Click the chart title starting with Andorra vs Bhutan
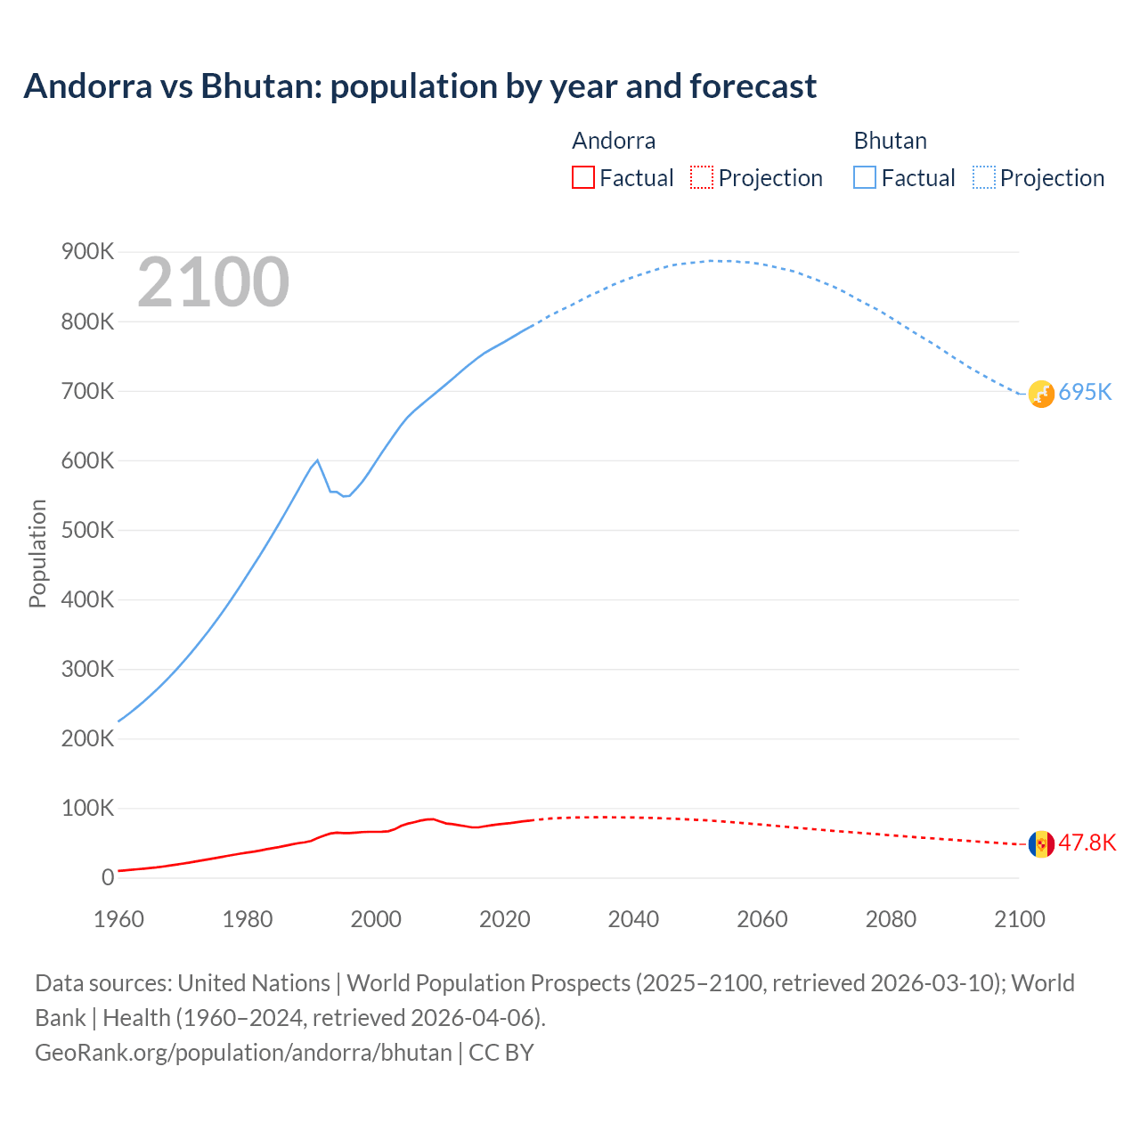pos(419,86)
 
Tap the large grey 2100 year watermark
pos(213,282)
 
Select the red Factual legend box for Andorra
pos(582,177)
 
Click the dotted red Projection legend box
pos(702,177)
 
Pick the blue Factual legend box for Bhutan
pos(865,177)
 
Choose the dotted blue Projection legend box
pos(983,177)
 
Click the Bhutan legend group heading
pos(890,141)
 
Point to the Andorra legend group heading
pos(614,141)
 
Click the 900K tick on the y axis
pos(87,252)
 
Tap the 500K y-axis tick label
pos(87,530)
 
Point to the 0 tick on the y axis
pos(108,877)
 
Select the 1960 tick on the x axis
pos(118,919)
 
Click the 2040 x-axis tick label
pos(633,919)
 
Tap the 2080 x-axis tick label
pos(891,919)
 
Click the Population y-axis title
pos(37,553)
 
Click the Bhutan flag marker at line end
pos(1041,394)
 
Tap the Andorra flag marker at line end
pos(1041,843)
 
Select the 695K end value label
pos(1085,393)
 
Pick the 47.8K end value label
pos(1087,843)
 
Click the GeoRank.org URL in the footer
pos(243,1052)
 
